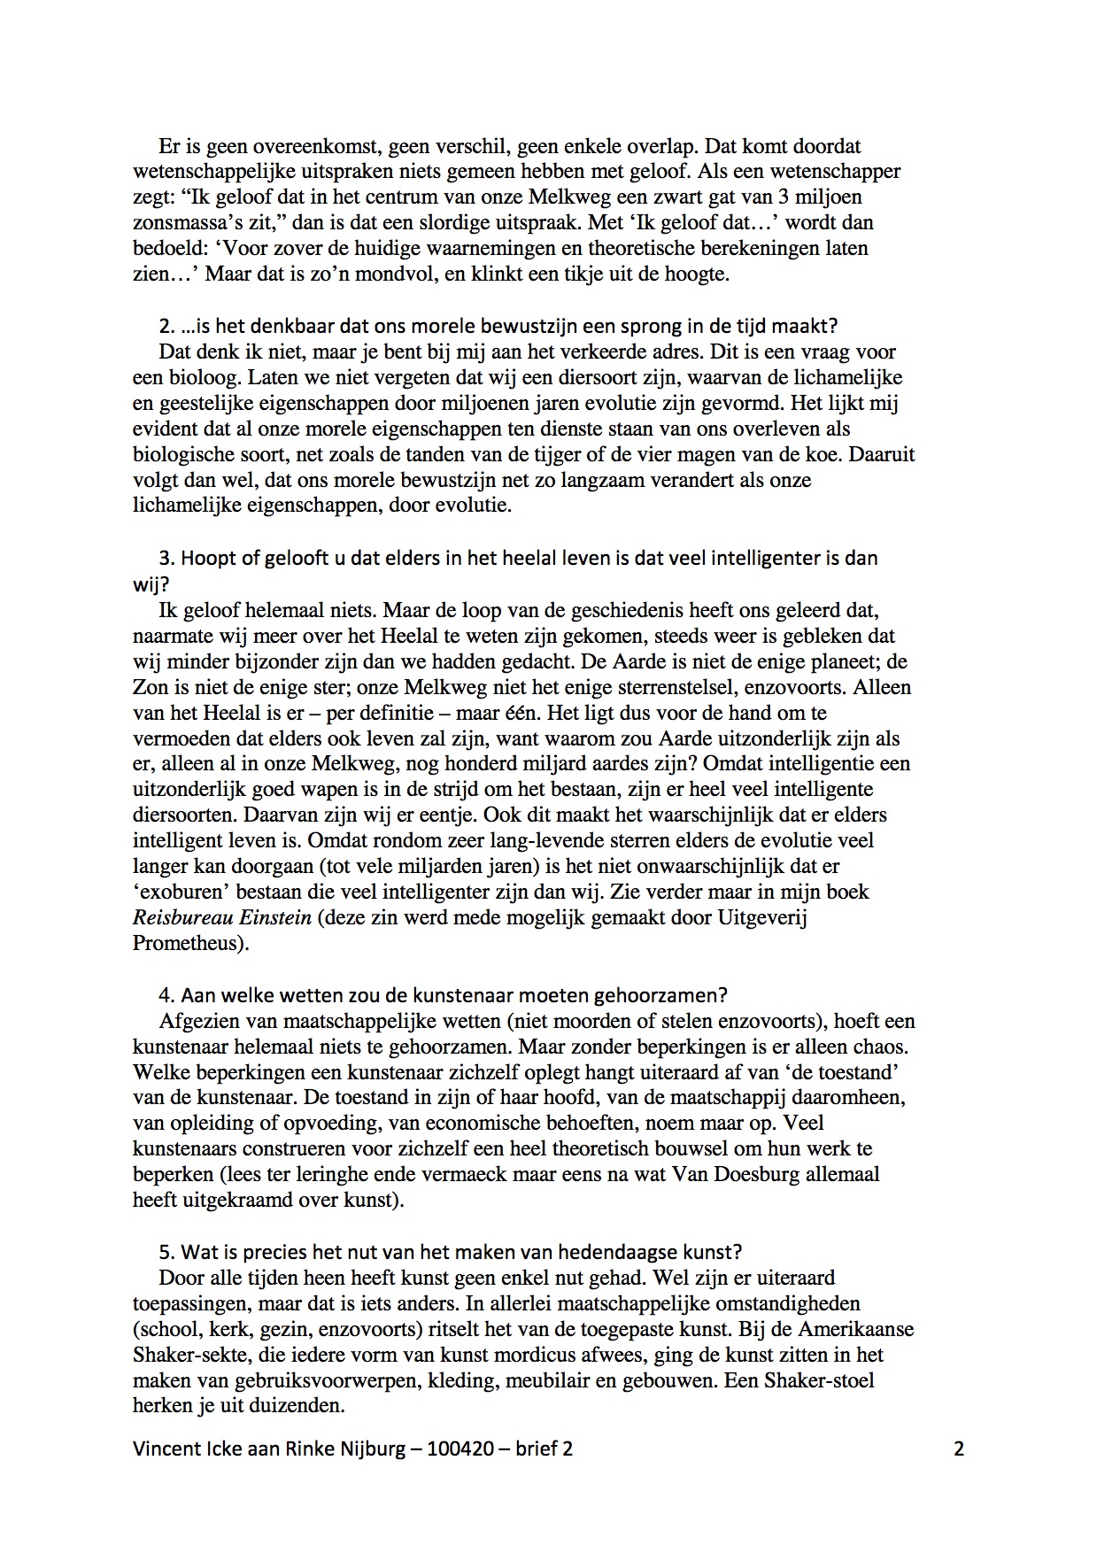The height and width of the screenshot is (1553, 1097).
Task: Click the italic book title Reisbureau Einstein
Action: (222, 917)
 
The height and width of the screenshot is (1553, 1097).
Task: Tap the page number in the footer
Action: (959, 1449)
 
